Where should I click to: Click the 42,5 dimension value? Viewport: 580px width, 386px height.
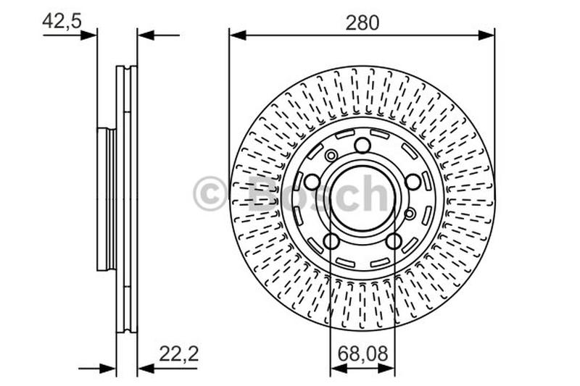[62, 21]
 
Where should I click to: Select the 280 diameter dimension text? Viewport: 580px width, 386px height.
[362, 22]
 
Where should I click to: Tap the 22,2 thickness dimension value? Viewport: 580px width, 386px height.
[179, 354]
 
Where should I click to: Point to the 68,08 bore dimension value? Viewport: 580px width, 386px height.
[363, 353]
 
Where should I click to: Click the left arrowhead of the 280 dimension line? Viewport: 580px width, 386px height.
[238, 35]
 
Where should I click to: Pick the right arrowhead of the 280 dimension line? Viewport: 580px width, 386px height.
[486, 35]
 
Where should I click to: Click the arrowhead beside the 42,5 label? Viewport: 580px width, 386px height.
[88, 35]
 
